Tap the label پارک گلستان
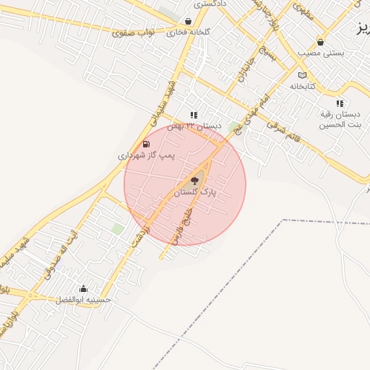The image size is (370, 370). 194,192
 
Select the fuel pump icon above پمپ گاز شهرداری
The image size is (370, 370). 147,144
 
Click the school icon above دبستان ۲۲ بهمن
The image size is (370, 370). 194,115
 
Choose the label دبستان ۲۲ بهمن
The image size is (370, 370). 194,126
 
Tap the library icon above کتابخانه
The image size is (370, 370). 302,75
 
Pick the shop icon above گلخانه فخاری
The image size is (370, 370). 189,22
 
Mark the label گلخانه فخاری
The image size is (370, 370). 189,33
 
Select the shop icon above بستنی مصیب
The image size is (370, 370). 320,42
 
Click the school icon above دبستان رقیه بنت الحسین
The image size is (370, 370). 340,103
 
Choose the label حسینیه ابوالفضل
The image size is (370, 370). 84,299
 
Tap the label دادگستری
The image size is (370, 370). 210,4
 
